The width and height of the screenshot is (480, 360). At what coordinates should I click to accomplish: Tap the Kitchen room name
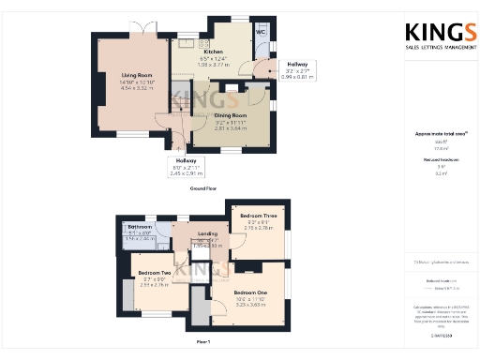coord(213,52)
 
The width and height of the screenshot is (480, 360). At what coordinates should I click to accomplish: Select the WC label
coord(261,32)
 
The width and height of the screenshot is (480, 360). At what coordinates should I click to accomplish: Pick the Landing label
coord(207,233)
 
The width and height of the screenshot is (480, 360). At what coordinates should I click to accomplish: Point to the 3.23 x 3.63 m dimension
coord(250,306)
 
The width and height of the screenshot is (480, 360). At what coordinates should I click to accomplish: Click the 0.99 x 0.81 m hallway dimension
coord(298,76)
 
